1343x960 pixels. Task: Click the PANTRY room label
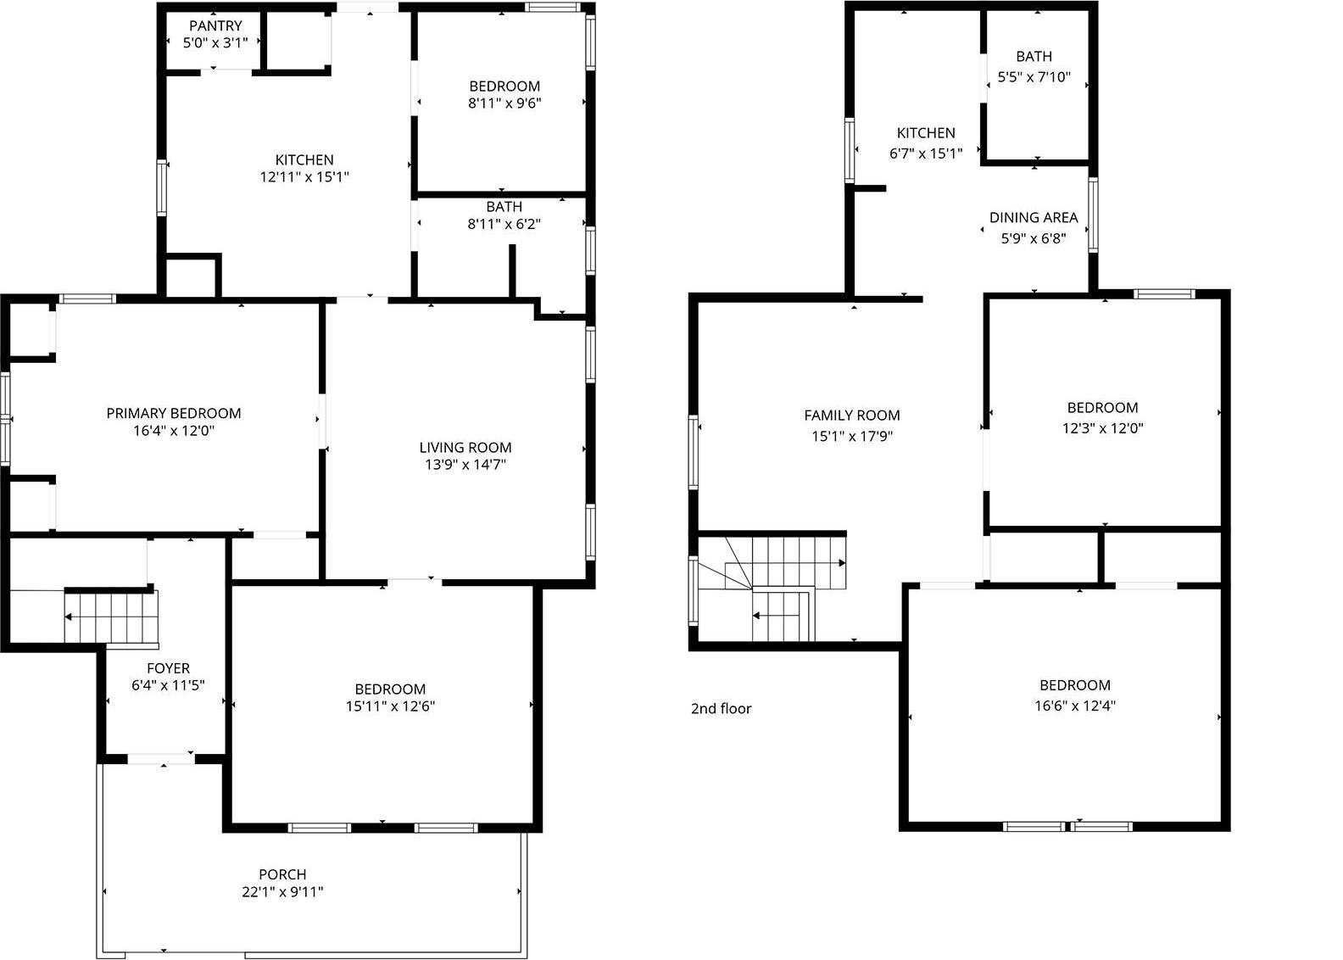click(x=215, y=26)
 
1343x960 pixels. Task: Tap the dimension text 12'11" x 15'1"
click(x=304, y=177)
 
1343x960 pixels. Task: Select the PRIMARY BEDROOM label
click(x=174, y=414)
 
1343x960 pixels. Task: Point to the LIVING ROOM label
click(x=465, y=448)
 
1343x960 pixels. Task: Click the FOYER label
click(x=168, y=668)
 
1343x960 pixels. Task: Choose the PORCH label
click(x=282, y=874)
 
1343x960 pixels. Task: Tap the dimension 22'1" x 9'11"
click(x=282, y=892)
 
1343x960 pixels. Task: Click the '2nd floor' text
click(x=721, y=709)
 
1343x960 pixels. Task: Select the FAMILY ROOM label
click(x=852, y=416)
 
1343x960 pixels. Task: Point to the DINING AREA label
click(x=1034, y=218)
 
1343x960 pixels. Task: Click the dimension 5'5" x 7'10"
click(x=1034, y=77)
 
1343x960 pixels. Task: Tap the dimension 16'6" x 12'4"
click(x=1074, y=706)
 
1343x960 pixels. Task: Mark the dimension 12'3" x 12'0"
click(x=1102, y=428)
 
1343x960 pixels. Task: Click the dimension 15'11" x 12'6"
click(x=390, y=706)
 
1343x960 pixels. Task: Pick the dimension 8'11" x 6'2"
click(x=504, y=225)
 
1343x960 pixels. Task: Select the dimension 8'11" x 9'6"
click(x=504, y=103)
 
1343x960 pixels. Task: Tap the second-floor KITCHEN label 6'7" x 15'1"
click(x=926, y=133)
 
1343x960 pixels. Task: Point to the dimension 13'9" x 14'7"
click(x=465, y=465)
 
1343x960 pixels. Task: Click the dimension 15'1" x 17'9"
click(x=852, y=437)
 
